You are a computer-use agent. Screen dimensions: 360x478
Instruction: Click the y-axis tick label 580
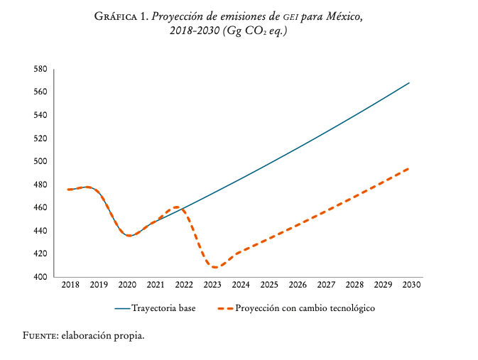[40, 69]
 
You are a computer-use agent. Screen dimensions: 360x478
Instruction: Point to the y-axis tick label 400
[40, 277]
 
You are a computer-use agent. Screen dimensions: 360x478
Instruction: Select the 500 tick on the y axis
[40, 161]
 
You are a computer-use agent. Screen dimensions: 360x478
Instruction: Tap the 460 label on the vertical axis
[40, 207]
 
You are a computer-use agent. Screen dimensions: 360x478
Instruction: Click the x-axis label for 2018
[70, 285]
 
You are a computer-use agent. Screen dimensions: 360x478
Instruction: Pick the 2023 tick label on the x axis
[212, 285]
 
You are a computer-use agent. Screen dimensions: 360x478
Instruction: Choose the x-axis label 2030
[411, 285]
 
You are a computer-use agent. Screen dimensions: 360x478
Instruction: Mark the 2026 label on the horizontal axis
[298, 285]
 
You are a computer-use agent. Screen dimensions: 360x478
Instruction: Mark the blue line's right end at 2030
[410, 83]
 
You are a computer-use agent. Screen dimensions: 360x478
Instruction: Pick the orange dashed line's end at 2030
[410, 168]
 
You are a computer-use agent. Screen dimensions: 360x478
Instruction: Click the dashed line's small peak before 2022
[176, 207]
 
